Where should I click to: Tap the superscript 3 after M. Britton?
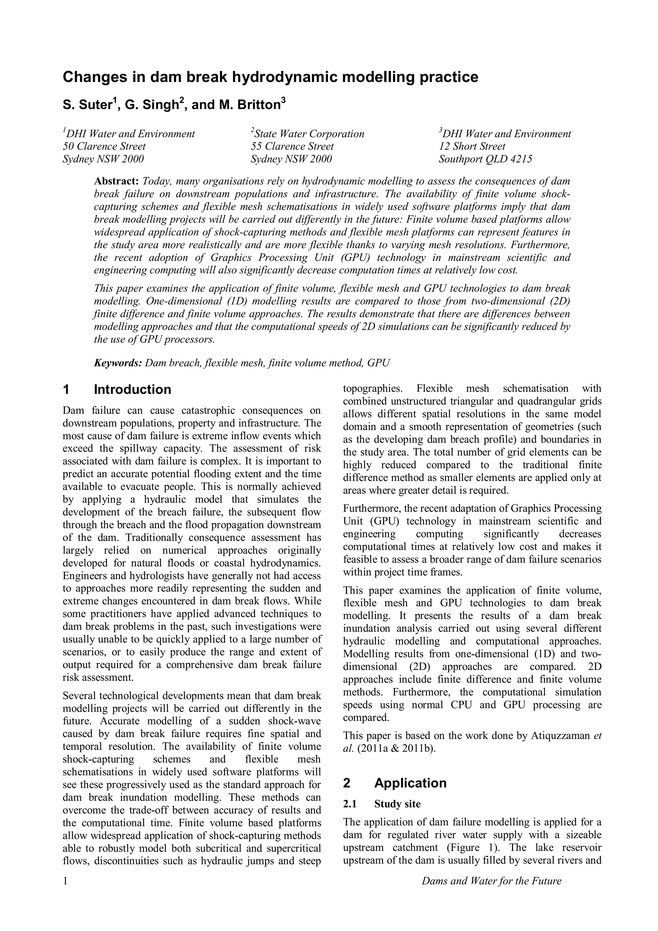click(x=283, y=101)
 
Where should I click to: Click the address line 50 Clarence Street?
click(x=104, y=146)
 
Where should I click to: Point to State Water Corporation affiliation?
click(x=309, y=134)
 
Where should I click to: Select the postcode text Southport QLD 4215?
click(x=485, y=159)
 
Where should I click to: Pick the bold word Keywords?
click(x=118, y=363)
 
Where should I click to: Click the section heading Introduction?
click(x=132, y=389)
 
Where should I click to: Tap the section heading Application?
click(x=410, y=783)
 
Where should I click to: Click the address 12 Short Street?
click(x=472, y=146)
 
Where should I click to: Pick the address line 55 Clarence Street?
click(x=292, y=146)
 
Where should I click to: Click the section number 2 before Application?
click(x=347, y=783)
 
